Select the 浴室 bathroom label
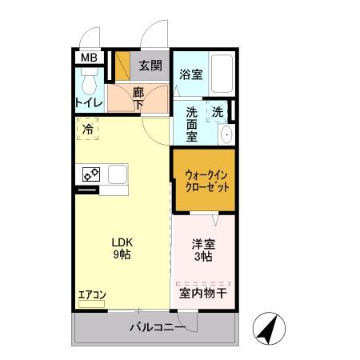190,74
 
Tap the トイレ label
87,102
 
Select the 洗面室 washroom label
192,124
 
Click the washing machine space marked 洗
218,112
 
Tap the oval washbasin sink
226,134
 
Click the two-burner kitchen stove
90,173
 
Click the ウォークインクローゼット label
203,180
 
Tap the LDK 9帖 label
122,247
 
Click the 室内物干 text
203,294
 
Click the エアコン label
91,294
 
